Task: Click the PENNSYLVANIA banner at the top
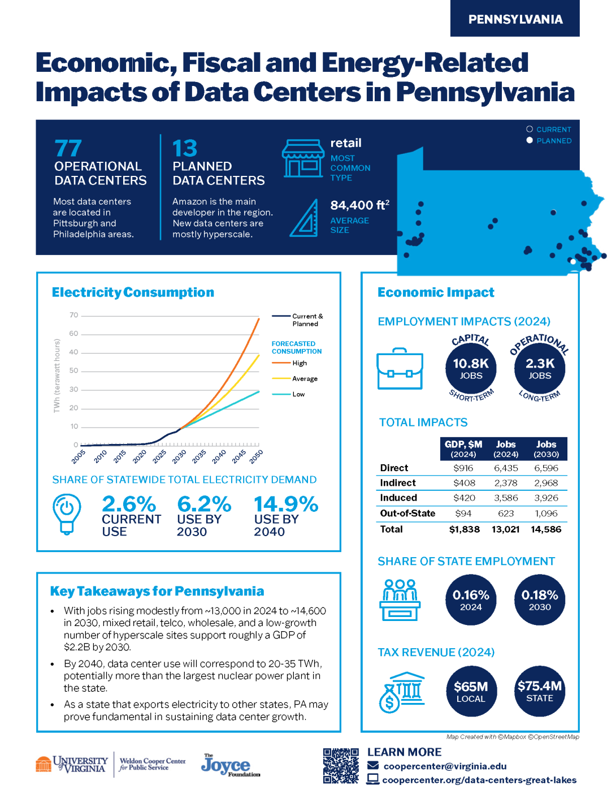tap(515, 19)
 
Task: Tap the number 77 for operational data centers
tap(68, 149)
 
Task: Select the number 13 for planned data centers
tap(185, 149)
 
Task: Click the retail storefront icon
tap(303, 159)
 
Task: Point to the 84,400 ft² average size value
tap(359, 205)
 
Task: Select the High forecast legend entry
tap(299, 363)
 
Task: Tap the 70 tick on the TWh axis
tap(74, 315)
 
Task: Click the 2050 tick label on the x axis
tap(256, 457)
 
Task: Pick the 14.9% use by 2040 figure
tap(286, 504)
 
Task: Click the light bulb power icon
tap(67, 513)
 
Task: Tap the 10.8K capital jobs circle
tap(471, 368)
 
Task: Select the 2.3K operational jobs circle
tap(540, 368)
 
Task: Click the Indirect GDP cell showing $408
tap(464, 483)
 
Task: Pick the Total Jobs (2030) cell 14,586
tap(546, 529)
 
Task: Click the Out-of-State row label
tap(407, 514)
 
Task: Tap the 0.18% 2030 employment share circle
tap(540, 600)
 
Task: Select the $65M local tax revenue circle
tap(471, 691)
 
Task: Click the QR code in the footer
tap(341, 766)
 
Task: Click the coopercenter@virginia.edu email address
tap(445, 766)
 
